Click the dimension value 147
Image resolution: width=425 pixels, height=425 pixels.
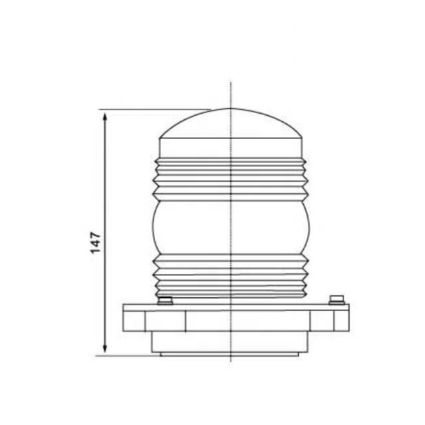[x=96, y=242]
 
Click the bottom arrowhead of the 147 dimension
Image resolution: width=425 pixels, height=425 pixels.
[x=105, y=351]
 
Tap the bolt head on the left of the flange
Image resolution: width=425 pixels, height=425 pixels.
[x=165, y=301]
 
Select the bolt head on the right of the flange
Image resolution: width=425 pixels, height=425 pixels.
[x=337, y=299]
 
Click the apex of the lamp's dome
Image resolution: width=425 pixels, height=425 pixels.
[x=230, y=109]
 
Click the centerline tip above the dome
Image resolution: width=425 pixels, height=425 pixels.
[x=230, y=84]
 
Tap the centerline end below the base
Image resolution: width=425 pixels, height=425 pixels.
[x=230, y=361]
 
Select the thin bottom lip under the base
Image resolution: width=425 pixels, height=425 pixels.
[x=230, y=354]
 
